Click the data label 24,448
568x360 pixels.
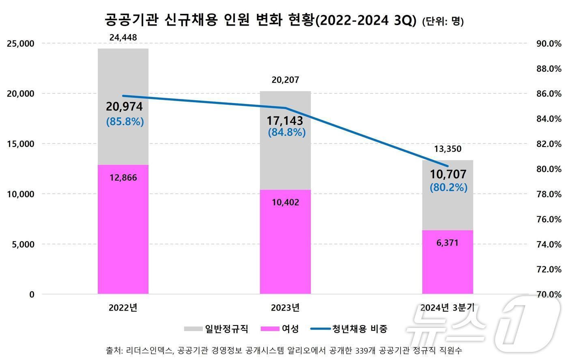pos(123,38)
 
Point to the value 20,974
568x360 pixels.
pos(124,107)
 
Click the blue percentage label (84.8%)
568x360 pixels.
pos(286,132)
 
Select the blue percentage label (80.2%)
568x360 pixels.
pos(448,188)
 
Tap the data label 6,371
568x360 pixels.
pos(448,243)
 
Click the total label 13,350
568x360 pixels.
pos(448,149)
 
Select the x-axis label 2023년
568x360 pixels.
pos(285,308)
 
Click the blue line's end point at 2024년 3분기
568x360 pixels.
pos(448,166)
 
